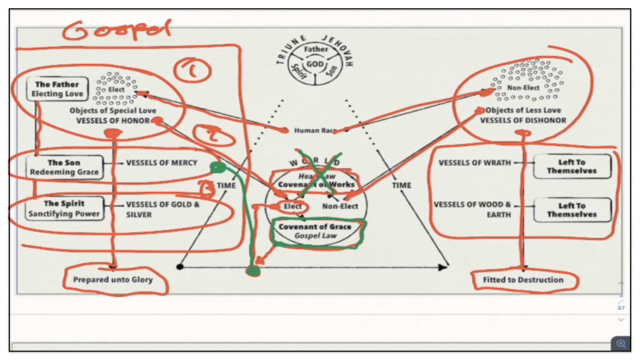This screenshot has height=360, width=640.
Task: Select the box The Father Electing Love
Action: [x=57, y=89]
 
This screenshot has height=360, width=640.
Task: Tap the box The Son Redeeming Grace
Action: [x=64, y=167]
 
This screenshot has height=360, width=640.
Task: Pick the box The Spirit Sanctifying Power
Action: [x=64, y=209]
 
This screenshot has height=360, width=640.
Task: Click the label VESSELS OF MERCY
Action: [x=162, y=163]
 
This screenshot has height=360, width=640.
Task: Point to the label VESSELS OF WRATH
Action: [x=475, y=163]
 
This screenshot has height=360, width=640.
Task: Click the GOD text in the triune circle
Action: [x=315, y=64]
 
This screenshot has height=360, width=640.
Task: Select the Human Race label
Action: [x=315, y=131]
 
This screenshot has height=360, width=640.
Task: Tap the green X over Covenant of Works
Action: [x=319, y=173]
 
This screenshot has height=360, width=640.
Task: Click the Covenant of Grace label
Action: [x=315, y=227]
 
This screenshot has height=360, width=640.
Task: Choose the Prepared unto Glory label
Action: [x=113, y=280]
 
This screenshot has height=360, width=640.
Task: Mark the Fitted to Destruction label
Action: [x=523, y=280]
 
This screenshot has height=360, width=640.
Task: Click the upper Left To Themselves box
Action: [x=572, y=166]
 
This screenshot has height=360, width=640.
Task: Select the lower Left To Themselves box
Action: [x=572, y=210]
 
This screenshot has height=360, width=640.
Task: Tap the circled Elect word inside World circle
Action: [x=292, y=207]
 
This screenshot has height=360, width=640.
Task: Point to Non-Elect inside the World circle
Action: [x=340, y=207]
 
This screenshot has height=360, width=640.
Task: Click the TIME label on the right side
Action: [x=401, y=185]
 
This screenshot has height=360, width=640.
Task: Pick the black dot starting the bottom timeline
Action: [x=180, y=267]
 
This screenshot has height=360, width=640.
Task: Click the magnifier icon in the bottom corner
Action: [x=621, y=344]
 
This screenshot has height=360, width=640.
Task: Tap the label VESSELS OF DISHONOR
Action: [x=523, y=121]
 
